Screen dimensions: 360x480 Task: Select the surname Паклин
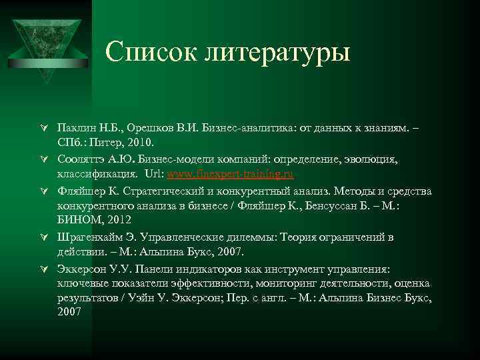click(77, 127)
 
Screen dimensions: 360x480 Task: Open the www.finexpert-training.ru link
click(229, 175)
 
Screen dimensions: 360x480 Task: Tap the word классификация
click(98, 175)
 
